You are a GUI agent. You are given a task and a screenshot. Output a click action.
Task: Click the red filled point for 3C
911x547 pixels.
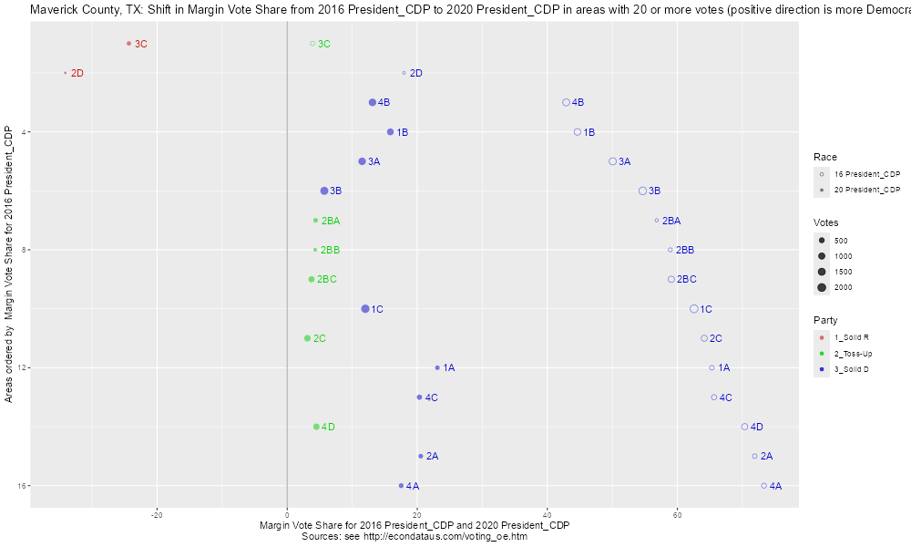[x=129, y=44]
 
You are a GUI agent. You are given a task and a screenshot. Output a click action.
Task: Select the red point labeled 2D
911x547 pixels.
[x=66, y=73]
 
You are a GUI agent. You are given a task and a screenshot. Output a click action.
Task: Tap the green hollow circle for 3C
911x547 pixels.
[x=312, y=44]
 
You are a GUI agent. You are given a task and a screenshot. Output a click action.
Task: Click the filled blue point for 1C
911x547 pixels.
[x=365, y=309]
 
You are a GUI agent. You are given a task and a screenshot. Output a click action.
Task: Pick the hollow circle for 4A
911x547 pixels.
[x=763, y=486]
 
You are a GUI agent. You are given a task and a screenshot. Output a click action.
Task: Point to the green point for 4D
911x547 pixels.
[x=316, y=427]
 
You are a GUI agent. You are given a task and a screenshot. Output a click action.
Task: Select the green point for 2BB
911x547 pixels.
[x=315, y=250]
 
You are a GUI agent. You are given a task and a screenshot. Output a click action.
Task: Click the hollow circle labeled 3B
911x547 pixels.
[x=642, y=191]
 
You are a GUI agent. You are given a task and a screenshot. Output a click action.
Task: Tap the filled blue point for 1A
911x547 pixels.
[x=437, y=368]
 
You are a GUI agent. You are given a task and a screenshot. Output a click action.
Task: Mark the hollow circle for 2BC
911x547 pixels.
[x=671, y=279]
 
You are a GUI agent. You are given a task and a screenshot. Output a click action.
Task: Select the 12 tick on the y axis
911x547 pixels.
[x=22, y=368]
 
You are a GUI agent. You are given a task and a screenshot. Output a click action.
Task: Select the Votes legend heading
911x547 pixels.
[x=826, y=222]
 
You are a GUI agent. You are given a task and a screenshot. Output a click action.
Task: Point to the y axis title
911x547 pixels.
[x=8, y=265]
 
